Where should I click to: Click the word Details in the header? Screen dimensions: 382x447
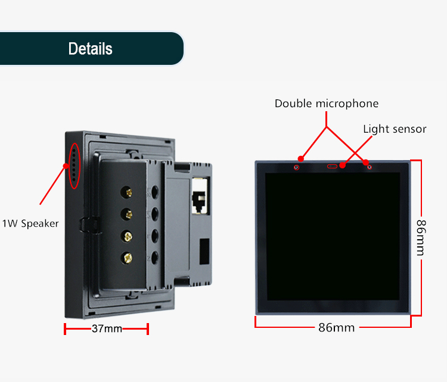pos(90,49)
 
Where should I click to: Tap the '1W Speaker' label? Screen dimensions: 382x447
pos(31,224)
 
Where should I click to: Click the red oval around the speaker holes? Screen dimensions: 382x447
pos(74,165)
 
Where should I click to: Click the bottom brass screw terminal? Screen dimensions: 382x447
pos(127,258)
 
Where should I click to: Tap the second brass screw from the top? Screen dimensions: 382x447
pos(127,214)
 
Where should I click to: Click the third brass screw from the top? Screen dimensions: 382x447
pos(127,236)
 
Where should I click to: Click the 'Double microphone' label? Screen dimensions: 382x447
pos(326,104)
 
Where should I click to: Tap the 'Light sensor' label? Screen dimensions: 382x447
pos(395,129)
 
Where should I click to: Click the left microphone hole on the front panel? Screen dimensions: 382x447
pos(297,167)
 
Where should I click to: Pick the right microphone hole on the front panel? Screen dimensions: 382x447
pos(370,167)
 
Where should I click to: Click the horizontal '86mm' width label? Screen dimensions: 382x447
pos(336,328)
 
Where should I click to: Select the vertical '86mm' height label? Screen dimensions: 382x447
pos(421,237)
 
